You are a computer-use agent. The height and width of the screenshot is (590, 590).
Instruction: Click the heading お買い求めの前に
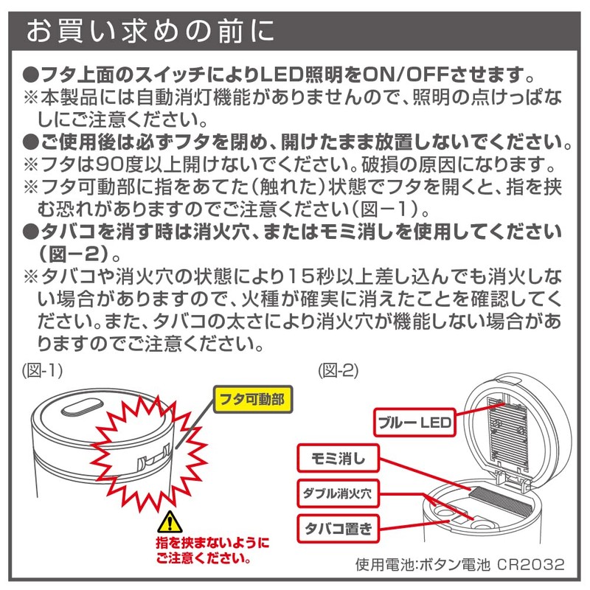click(x=150, y=31)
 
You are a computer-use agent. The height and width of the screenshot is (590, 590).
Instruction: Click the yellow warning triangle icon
click(x=168, y=523)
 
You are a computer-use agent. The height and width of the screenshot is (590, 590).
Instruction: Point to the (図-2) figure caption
click(x=338, y=372)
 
